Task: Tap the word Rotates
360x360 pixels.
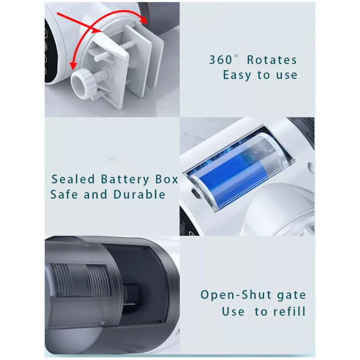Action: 272,60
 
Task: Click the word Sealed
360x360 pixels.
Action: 73,179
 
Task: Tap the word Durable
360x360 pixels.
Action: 139,194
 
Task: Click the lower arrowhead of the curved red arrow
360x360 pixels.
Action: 73,65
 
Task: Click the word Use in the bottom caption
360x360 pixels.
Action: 233,311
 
